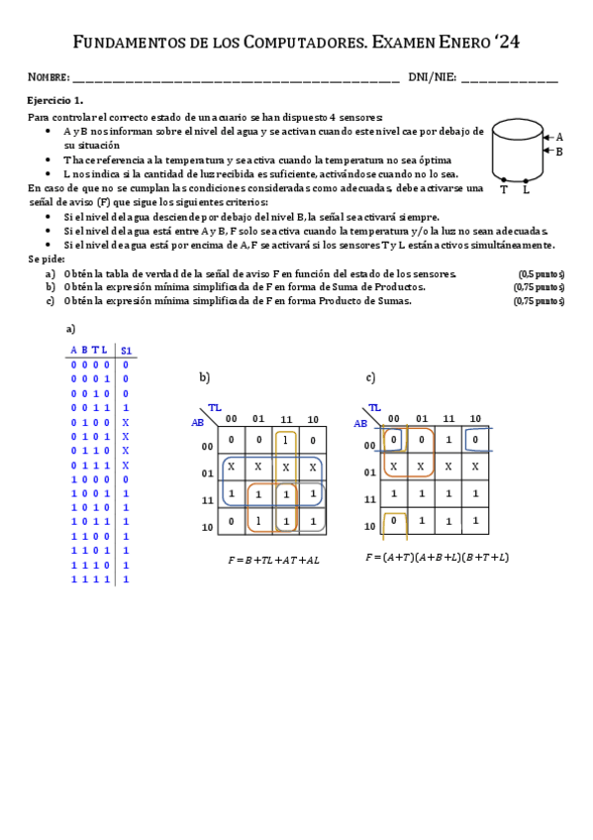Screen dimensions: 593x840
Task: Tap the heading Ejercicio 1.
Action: coord(55,100)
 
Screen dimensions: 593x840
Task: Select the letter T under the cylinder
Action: coord(504,189)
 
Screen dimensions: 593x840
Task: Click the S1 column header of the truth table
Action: coord(127,351)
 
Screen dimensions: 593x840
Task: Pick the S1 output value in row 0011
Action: coord(126,408)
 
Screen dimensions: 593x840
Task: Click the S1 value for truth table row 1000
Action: coord(126,479)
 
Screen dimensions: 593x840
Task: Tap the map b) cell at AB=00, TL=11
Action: coord(286,441)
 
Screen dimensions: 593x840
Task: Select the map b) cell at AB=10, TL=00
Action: coord(232,521)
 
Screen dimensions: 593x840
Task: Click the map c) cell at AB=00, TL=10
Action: coord(475,440)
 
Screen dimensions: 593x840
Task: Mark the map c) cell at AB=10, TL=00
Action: coord(394,520)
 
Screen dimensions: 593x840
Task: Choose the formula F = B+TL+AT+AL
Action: coord(273,561)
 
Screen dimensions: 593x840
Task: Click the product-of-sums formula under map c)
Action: coord(438,557)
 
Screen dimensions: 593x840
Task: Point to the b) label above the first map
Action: coord(205,377)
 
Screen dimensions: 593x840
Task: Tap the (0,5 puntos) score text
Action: coord(542,274)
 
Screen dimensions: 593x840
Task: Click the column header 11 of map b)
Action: coord(286,419)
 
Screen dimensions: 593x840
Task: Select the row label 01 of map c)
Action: coord(370,472)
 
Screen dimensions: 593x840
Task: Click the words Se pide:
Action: coord(47,260)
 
